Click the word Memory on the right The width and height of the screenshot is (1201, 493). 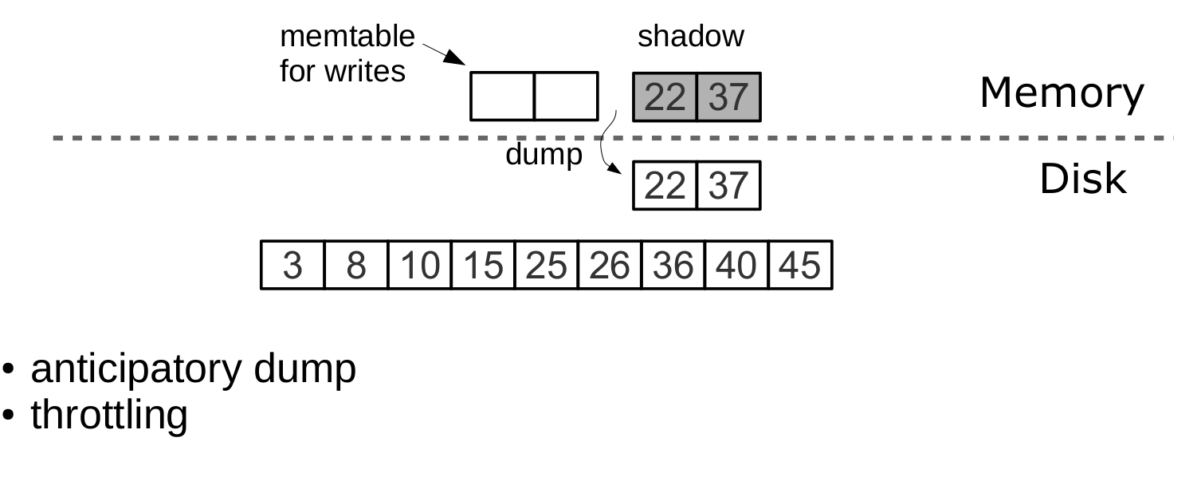click(x=1061, y=94)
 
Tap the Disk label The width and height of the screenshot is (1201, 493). click(x=1082, y=181)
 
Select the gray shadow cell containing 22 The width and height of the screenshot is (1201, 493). click(x=665, y=97)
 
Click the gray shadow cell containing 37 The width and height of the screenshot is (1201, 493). click(x=728, y=97)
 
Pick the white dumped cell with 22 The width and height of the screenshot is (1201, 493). click(x=665, y=186)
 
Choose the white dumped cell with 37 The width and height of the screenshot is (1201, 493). click(x=728, y=186)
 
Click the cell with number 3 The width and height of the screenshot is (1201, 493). click(x=292, y=265)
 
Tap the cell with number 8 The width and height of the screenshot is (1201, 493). click(x=356, y=265)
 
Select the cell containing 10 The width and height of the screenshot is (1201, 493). click(x=419, y=265)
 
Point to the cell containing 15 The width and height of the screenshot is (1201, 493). click(x=483, y=265)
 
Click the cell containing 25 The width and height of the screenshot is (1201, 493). click(x=546, y=265)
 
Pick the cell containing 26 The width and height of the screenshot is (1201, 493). click(x=610, y=265)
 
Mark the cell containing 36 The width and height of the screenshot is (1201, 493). click(x=673, y=265)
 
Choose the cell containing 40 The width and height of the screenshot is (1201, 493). click(x=736, y=265)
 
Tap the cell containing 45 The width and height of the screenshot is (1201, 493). click(x=799, y=265)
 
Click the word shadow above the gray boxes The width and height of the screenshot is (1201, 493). click(x=690, y=37)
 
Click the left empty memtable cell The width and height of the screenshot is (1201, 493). click(x=502, y=97)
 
